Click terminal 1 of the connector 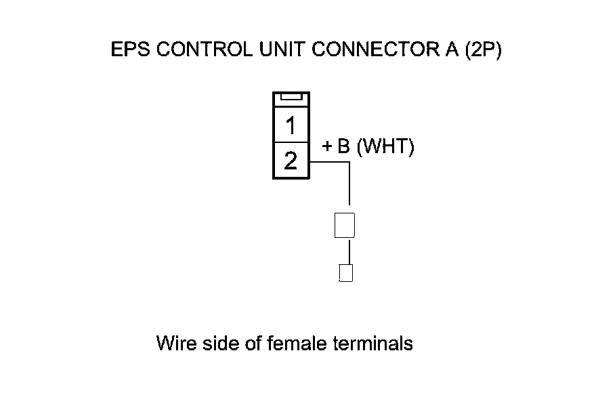(x=291, y=126)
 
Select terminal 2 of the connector (x=291, y=161)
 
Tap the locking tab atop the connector (x=291, y=98)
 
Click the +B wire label (x=335, y=147)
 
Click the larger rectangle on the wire (x=345, y=225)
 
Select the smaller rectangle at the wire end (x=345, y=273)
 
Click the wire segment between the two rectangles (x=349, y=251)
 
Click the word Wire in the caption (x=177, y=344)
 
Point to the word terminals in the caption (x=373, y=344)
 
